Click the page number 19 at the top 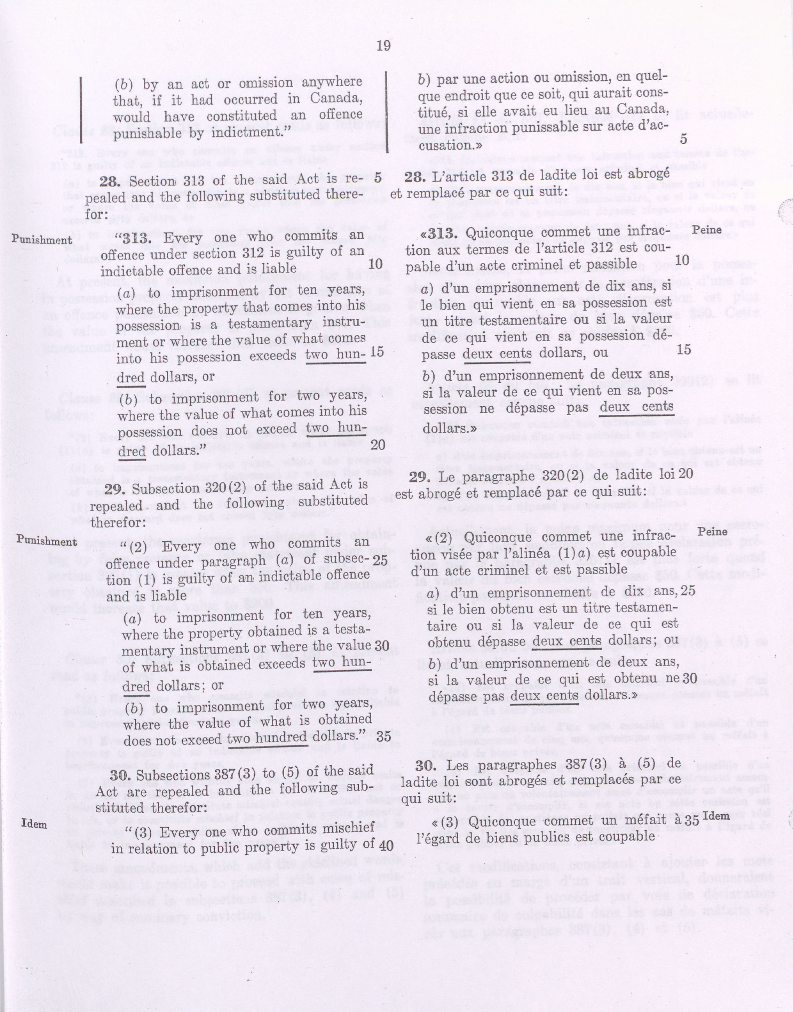[383, 46]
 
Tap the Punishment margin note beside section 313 [42, 240]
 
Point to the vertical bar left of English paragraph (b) [81, 110]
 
